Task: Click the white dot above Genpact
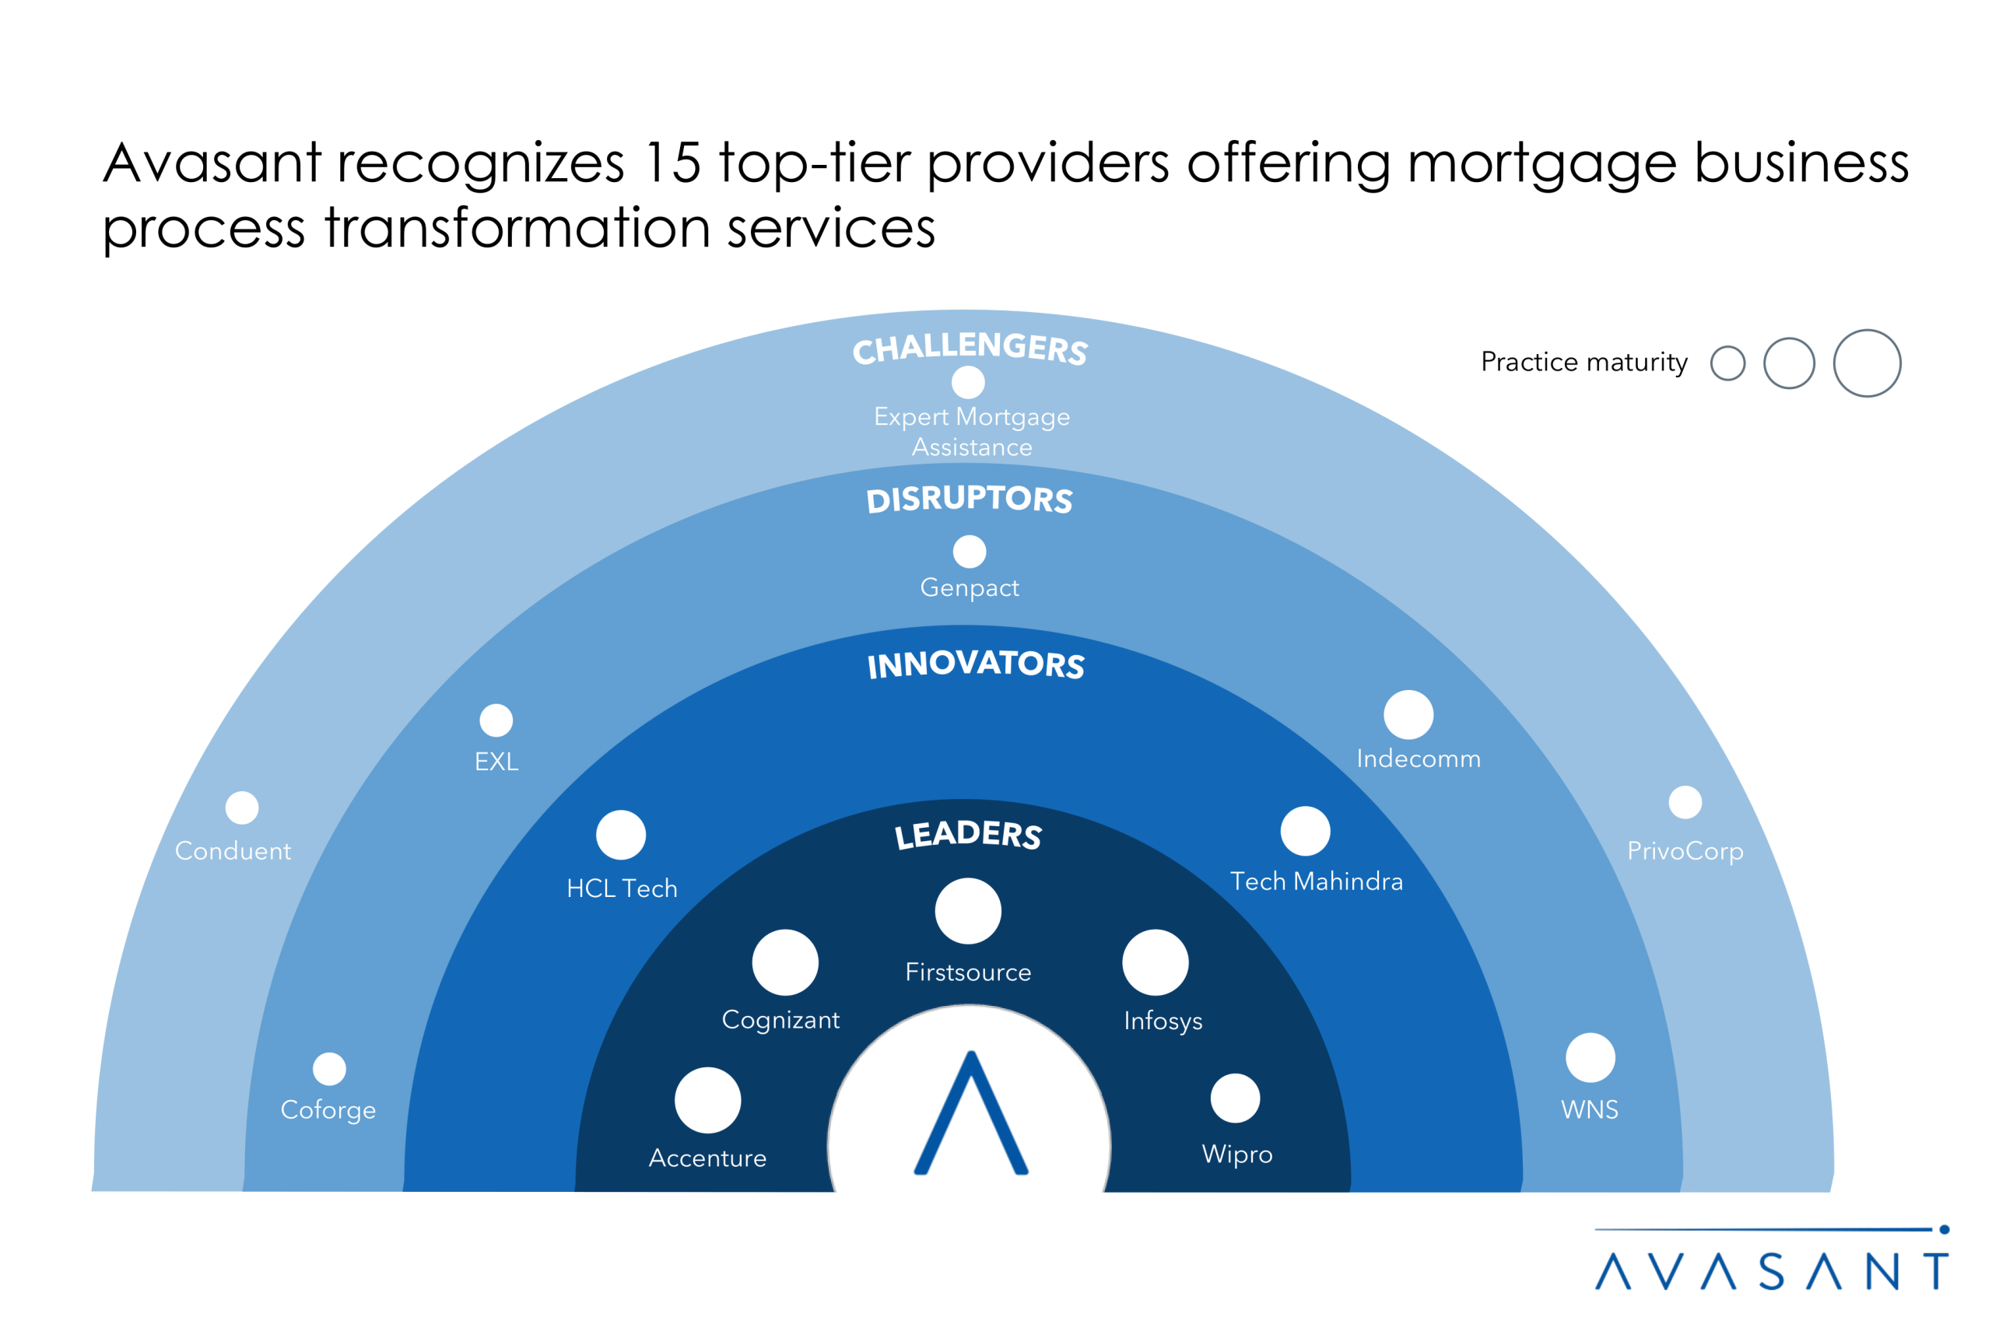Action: [x=970, y=552]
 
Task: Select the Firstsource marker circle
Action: [x=968, y=910]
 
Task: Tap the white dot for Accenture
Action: [x=708, y=1100]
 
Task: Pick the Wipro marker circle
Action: [x=1236, y=1098]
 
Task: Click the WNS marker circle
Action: [x=1590, y=1058]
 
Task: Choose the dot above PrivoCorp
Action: [x=1685, y=802]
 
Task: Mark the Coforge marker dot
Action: [x=329, y=1069]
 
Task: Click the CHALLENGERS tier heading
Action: [x=970, y=348]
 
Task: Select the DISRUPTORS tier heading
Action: [x=970, y=499]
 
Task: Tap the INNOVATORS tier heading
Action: [x=976, y=664]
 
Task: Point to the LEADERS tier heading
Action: [x=968, y=834]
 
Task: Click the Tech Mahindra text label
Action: [x=1317, y=881]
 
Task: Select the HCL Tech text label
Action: [x=622, y=888]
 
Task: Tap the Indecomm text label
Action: [x=1419, y=759]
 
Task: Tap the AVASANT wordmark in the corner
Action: [x=1772, y=1270]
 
